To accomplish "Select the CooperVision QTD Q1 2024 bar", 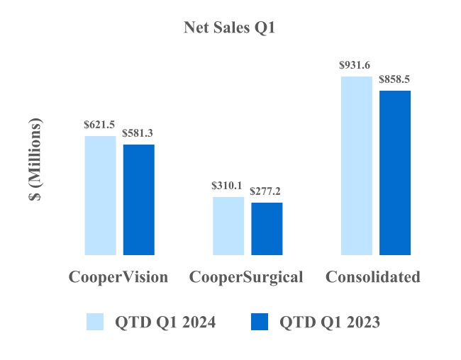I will pyautogui.click(x=100, y=195).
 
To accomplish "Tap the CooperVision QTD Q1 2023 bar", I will pyautogui.click(x=139, y=199).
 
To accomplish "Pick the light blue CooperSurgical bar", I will pyautogui.click(x=228, y=225).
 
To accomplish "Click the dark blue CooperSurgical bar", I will pyautogui.click(x=267, y=228).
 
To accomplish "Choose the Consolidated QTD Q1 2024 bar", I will pyautogui.click(x=357, y=165).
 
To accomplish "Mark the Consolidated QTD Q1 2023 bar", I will pyautogui.click(x=395, y=172).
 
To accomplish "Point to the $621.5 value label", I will pyautogui.click(x=99, y=125).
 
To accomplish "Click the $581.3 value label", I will pyautogui.click(x=138, y=133).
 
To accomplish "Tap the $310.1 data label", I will pyautogui.click(x=228, y=186).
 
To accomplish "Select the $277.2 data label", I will pyautogui.click(x=266, y=191).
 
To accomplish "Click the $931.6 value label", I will pyautogui.click(x=356, y=65).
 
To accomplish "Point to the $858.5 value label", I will pyautogui.click(x=395, y=79).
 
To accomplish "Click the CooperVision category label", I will pyautogui.click(x=118, y=277).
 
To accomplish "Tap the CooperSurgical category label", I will pyautogui.click(x=246, y=277).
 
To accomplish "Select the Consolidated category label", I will pyautogui.click(x=373, y=277).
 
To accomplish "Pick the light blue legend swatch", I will pyautogui.click(x=95, y=322).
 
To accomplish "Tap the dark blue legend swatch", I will pyautogui.click(x=260, y=322).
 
